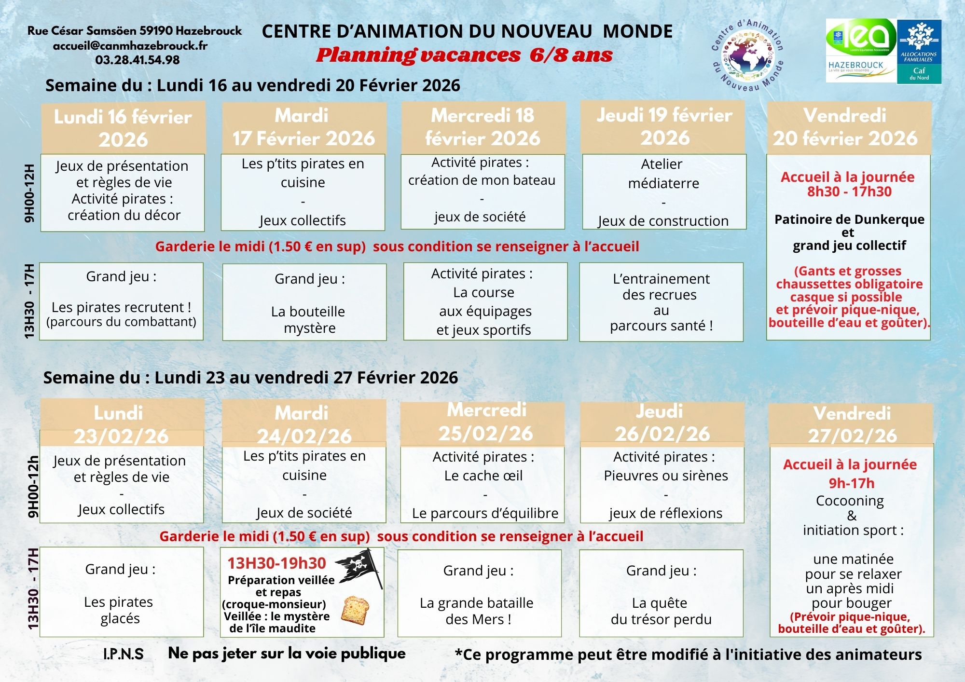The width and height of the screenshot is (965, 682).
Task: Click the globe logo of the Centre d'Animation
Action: (x=747, y=56)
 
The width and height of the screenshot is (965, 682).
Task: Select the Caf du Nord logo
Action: (x=919, y=51)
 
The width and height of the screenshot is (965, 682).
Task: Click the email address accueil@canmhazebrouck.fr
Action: (x=130, y=46)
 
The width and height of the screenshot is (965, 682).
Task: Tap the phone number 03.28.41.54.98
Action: (x=138, y=60)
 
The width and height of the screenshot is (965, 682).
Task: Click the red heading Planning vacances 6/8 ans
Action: (x=464, y=55)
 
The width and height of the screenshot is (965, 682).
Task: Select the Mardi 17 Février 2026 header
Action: (x=303, y=127)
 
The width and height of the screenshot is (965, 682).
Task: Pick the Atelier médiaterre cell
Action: (x=663, y=192)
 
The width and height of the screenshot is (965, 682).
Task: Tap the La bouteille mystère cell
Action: (x=304, y=302)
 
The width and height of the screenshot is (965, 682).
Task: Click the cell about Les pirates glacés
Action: (x=121, y=592)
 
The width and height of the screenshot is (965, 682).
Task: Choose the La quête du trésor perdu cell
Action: (x=661, y=593)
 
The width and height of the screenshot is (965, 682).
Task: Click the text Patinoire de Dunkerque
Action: (x=849, y=219)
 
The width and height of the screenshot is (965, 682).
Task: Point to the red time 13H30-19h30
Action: (x=277, y=563)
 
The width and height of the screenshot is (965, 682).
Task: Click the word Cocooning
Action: (x=850, y=501)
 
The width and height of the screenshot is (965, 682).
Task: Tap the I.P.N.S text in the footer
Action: (x=123, y=654)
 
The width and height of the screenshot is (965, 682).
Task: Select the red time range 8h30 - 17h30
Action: (x=849, y=191)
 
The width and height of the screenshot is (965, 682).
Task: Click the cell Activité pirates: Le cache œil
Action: (x=482, y=485)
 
